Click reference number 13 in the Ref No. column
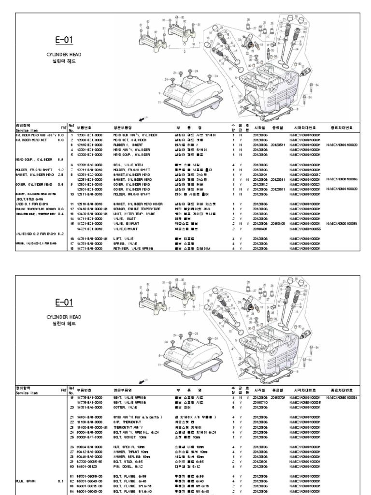pos(71,213)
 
